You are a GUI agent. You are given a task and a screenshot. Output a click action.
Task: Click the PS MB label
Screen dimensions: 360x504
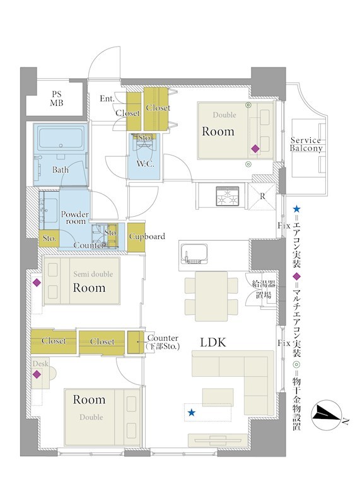57,99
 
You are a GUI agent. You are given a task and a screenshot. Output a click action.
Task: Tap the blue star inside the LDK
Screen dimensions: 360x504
192,413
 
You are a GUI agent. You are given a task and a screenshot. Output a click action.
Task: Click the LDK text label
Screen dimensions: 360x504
213,342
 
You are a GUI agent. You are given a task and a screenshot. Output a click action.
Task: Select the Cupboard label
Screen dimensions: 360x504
147,237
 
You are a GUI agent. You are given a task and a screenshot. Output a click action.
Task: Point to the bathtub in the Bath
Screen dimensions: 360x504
61,138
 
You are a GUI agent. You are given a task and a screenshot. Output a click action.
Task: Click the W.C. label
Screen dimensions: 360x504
145,164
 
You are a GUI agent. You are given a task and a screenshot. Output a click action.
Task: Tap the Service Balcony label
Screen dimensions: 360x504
306,144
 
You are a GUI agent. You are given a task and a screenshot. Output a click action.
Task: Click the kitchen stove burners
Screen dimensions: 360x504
228,196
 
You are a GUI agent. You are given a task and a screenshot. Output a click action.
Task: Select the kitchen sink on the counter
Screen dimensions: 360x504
194,255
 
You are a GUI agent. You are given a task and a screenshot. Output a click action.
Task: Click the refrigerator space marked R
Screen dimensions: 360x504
262,197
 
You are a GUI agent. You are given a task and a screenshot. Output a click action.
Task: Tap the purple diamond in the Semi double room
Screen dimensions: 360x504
37,283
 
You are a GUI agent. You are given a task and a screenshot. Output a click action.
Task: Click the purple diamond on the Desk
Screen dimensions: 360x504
37,374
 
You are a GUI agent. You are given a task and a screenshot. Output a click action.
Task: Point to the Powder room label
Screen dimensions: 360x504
75,217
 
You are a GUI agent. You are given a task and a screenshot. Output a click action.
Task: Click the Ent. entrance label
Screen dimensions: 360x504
107,98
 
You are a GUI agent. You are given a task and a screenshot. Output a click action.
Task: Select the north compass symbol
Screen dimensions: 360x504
327,416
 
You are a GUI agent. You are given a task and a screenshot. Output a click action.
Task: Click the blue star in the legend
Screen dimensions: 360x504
296,209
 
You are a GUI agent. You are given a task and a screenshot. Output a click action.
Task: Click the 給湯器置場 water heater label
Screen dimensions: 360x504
264,289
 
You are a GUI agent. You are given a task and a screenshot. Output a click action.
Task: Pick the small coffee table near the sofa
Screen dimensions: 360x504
218,398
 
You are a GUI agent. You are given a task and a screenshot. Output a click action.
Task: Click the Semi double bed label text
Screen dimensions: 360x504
93,274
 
